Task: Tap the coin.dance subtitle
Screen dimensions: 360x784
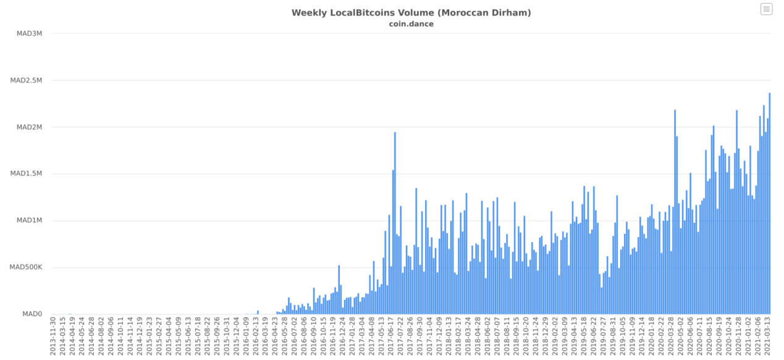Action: (x=411, y=24)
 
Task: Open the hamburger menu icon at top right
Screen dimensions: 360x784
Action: (x=766, y=9)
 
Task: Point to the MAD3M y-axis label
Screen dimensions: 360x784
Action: (x=29, y=33)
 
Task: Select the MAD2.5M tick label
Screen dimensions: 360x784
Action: (x=26, y=80)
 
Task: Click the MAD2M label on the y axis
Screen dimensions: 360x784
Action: (x=29, y=127)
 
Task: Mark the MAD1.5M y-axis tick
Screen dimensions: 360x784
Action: (x=26, y=174)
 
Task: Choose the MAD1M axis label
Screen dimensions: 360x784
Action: (x=29, y=220)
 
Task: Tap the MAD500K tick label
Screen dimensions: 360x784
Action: (x=26, y=267)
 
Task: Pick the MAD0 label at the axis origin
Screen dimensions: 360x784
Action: (x=32, y=314)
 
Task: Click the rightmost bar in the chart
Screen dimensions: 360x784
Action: (x=769, y=204)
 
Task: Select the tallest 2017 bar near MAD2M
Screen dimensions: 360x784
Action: (x=395, y=222)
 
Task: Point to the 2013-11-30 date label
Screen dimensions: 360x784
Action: (x=53, y=337)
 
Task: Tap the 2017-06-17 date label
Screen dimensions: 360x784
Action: (x=391, y=337)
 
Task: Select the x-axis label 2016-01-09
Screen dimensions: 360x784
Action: (x=246, y=337)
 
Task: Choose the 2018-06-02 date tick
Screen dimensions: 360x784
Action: (x=488, y=337)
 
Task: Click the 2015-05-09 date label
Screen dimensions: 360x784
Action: (x=179, y=337)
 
